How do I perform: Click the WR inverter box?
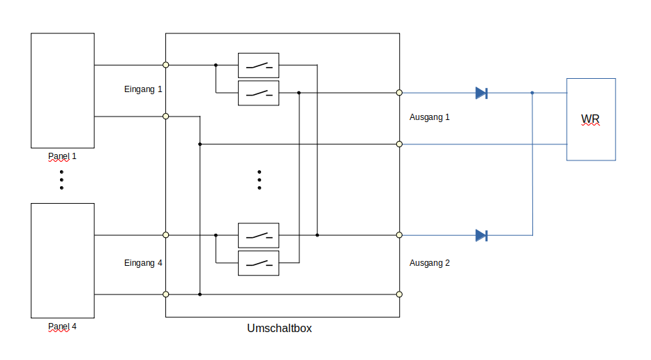(x=590, y=119)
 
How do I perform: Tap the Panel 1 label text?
(x=62, y=156)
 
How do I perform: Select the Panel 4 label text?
(x=62, y=327)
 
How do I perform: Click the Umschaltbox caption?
(x=279, y=328)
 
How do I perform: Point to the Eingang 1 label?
(x=143, y=90)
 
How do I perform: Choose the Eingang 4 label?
(x=143, y=263)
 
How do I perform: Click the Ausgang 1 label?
(x=429, y=117)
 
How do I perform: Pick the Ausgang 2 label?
(x=429, y=263)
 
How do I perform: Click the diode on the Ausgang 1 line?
(x=481, y=93)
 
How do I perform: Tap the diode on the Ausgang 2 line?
(x=481, y=235)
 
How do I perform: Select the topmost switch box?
(x=258, y=65)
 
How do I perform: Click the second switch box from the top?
(x=258, y=93)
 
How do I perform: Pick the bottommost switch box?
(x=258, y=263)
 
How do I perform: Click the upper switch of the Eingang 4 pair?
(x=258, y=235)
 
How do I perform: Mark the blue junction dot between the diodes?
(x=532, y=93)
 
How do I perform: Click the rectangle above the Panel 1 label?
(x=62, y=90)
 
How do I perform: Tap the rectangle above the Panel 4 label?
(x=62, y=260)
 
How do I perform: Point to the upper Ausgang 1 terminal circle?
(x=399, y=92)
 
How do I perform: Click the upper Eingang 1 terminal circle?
(x=165, y=65)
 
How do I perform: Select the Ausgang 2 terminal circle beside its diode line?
(x=399, y=235)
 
